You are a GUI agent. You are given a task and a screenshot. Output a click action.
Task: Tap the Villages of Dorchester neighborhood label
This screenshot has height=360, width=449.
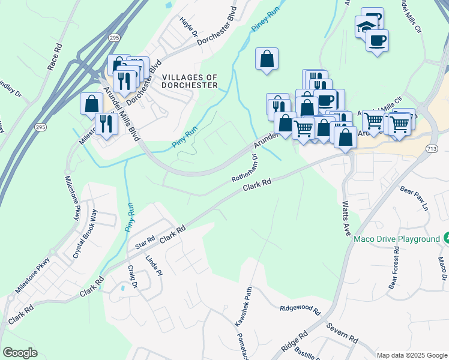190,81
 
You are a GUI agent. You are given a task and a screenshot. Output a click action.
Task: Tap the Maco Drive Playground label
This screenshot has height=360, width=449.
397,239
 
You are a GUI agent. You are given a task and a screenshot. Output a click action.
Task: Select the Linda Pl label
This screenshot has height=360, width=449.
154,266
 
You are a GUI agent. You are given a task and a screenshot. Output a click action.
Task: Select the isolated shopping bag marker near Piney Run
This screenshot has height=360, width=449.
267,59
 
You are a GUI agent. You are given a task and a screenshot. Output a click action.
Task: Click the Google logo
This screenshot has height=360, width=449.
20,353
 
